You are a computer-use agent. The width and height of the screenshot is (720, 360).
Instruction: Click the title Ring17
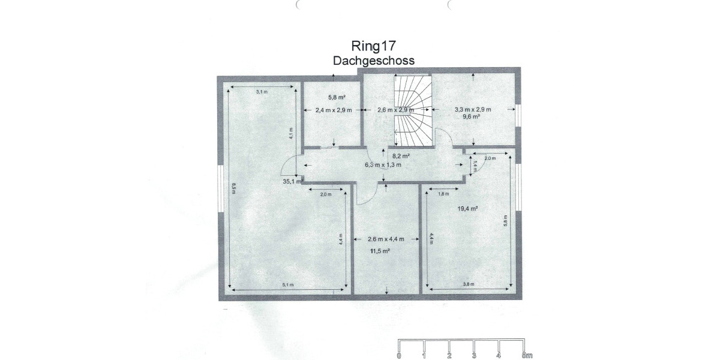pos(373,46)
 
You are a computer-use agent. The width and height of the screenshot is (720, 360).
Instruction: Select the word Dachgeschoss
pos(373,60)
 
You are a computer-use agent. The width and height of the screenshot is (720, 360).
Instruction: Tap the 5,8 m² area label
pos(336,97)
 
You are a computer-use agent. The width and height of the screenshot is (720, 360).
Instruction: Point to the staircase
pos(413,110)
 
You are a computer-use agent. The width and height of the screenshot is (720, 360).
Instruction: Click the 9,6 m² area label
pos(471,117)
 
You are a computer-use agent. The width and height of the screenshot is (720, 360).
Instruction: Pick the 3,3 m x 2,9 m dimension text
pos(473,109)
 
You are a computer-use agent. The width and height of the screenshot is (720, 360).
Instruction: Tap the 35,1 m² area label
pos(292,181)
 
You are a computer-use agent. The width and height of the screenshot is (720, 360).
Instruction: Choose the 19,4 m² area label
pos(467,209)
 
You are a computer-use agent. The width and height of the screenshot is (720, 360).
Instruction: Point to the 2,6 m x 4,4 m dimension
pos(386,239)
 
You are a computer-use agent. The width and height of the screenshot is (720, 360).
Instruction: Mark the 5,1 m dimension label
pos(288,285)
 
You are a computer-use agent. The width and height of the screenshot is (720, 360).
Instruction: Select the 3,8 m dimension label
pos(469,284)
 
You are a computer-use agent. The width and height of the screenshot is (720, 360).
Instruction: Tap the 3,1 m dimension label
pos(262,92)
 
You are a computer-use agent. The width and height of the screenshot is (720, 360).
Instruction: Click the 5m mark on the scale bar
pos(526,356)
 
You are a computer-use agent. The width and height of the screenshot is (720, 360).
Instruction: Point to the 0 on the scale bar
pos(400,356)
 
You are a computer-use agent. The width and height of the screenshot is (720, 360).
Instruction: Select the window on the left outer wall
pos(220,188)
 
